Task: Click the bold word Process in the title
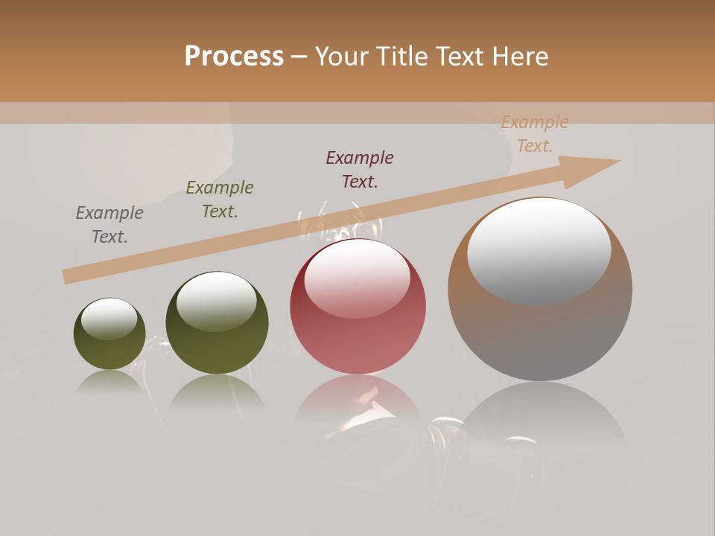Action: pos(234,57)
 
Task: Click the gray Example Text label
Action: pos(109,225)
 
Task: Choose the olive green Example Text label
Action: pos(220,200)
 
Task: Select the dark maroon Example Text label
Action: pos(360,170)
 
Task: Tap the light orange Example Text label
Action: pos(535,134)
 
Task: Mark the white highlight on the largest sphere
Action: pos(539,249)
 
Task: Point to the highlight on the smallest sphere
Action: pos(109,319)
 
